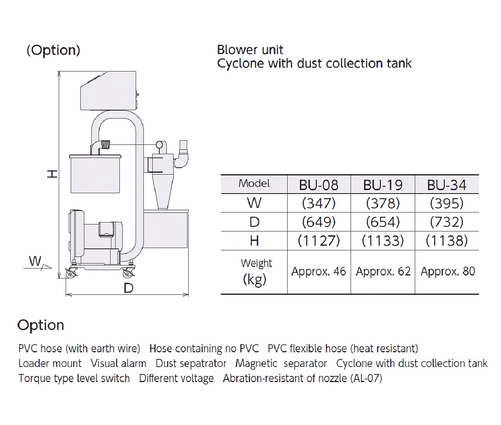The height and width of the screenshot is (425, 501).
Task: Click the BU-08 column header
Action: (319, 185)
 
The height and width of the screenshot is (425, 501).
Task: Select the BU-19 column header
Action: (383, 185)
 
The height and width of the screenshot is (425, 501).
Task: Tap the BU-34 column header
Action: (446, 185)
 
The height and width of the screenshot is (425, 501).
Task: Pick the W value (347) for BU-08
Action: (319, 203)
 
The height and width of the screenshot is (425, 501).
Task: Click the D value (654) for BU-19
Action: (383, 222)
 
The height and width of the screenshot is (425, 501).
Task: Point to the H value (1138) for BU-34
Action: (446, 241)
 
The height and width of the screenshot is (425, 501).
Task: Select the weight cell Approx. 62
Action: (383, 272)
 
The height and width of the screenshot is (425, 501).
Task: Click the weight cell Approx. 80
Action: (447, 272)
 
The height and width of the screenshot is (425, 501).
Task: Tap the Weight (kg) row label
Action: (255, 271)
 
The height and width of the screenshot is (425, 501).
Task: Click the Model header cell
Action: (254, 184)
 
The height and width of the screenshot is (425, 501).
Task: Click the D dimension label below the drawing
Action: (128, 288)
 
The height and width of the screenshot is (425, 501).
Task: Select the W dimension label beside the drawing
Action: (35, 261)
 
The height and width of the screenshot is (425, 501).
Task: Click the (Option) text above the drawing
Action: (53, 50)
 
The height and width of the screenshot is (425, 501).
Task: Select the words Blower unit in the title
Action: (250, 50)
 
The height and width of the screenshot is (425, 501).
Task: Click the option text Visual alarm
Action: (118, 364)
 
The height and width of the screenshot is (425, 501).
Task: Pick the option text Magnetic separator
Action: (281, 364)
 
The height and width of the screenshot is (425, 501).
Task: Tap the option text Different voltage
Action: (176, 378)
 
